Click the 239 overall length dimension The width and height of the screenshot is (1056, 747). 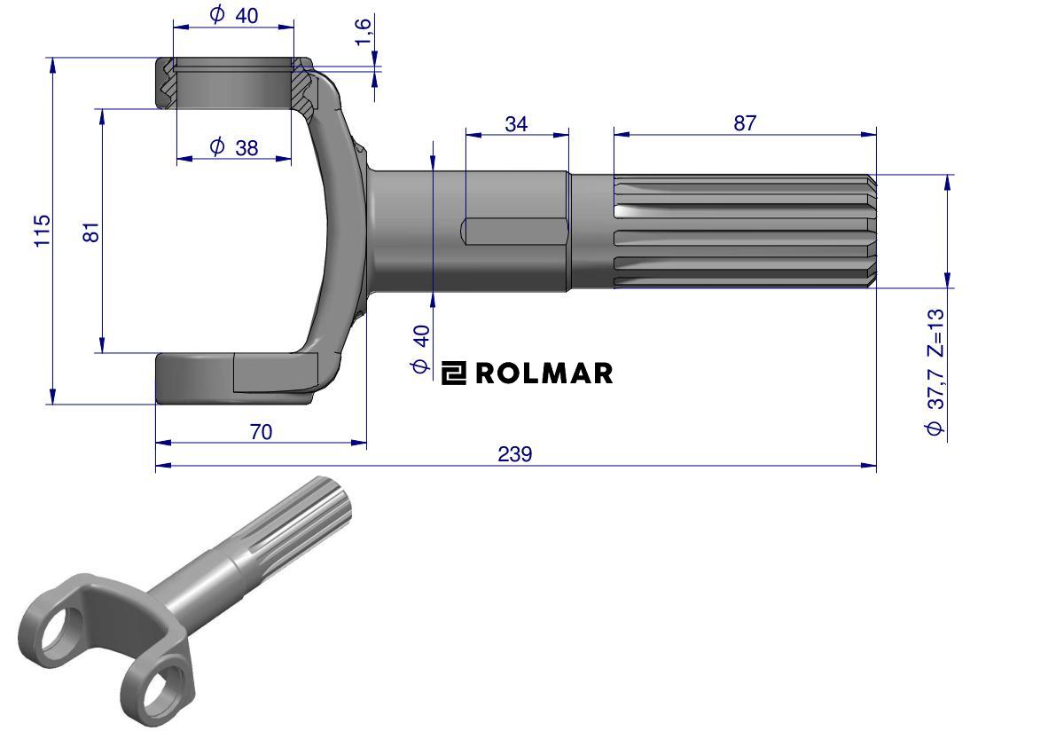[x=515, y=454]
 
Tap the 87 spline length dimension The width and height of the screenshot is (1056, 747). [x=745, y=123]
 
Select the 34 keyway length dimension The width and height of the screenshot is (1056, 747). [x=516, y=124]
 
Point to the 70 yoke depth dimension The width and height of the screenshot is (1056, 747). [x=261, y=432]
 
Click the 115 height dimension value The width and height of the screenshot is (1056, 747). [x=43, y=231]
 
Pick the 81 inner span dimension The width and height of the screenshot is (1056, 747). [x=91, y=232]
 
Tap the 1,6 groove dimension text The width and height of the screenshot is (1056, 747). [x=363, y=32]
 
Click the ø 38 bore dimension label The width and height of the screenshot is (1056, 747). [x=234, y=147]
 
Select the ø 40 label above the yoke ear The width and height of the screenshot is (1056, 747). [x=234, y=15]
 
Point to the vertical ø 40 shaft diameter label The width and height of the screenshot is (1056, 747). [x=420, y=349]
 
